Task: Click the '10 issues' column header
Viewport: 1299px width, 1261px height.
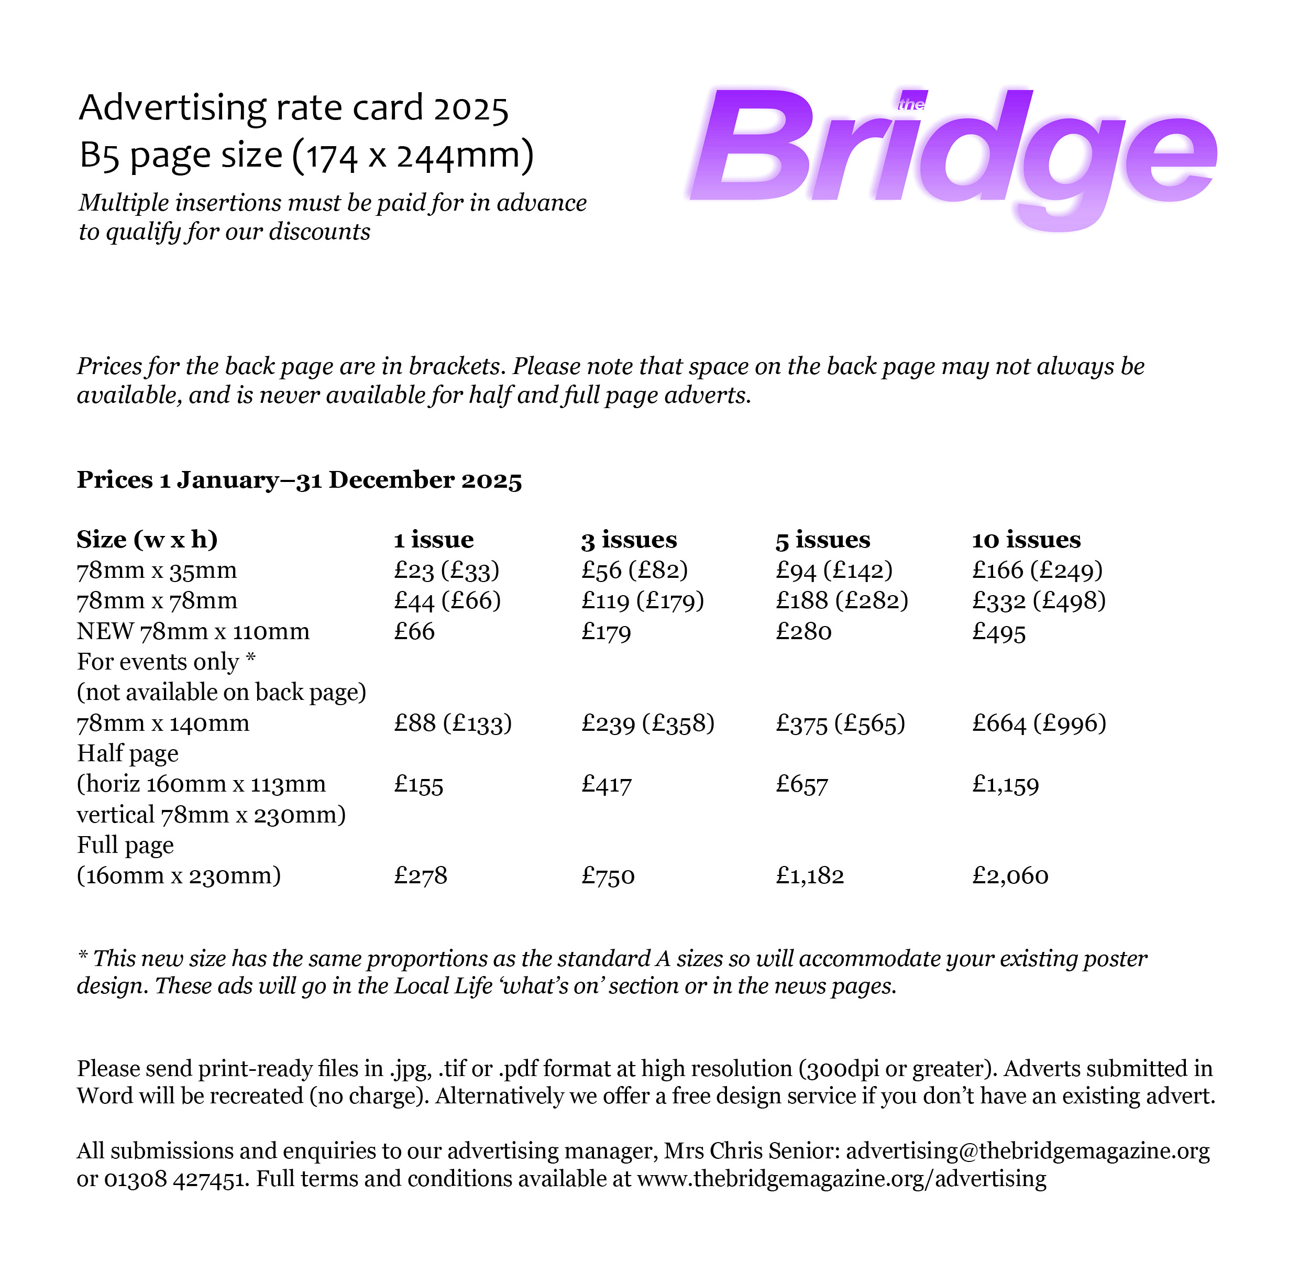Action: coord(1026,540)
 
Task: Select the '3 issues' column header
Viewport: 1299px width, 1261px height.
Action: coord(629,540)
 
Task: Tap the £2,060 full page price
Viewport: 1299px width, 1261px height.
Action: coord(1010,876)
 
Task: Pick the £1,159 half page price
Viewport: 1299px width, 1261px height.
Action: coord(1005,784)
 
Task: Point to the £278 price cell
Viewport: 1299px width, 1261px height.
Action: coord(420,876)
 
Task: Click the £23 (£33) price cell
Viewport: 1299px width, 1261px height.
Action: coord(446,570)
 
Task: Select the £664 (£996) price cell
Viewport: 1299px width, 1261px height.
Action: coord(1039,722)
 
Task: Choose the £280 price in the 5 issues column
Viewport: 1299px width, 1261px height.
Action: coord(803,631)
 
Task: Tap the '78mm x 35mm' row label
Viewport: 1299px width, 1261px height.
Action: coord(157,570)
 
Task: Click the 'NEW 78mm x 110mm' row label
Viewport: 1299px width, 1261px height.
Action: coord(193,631)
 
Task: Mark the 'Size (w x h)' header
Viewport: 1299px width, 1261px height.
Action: coord(147,540)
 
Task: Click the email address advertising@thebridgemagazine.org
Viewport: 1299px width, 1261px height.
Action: coord(1027,1151)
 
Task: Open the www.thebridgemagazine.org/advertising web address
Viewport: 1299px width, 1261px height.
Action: coord(842,1179)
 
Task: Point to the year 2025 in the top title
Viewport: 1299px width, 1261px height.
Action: coord(470,108)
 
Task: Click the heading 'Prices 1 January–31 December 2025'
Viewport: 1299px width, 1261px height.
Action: coord(300,479)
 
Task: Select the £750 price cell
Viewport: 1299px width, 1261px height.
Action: coord(608,876)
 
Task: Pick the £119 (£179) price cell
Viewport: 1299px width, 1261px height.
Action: coord(642,601)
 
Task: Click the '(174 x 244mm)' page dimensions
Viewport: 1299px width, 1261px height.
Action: coord(412,156)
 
